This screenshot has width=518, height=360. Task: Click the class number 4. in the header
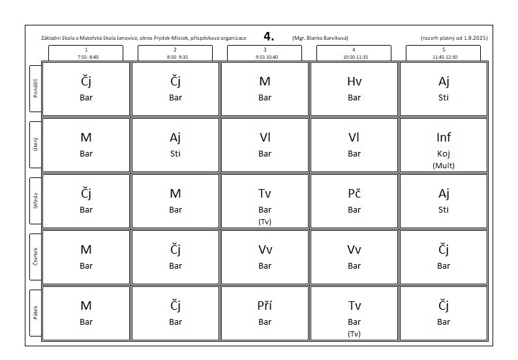tap(269, 37)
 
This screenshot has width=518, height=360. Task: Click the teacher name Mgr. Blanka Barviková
tap(324, 38)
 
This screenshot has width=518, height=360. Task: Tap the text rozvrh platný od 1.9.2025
tap(454, 38)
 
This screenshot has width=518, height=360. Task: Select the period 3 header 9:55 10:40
tap(265, 53)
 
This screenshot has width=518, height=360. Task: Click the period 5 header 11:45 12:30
tap(444, 53)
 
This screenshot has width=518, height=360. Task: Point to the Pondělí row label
tap(35, 89)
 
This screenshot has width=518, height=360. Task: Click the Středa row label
tap(35, 200)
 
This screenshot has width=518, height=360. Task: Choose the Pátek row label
tap(35, 312)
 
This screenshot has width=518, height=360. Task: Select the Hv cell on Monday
tap(354, 89)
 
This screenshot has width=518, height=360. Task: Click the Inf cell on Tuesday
tap(444, 145)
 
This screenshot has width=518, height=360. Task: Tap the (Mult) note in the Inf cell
tap(444, 165)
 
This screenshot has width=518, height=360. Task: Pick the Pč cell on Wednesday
tap(354, 200)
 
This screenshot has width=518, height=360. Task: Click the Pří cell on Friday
tap(265, 312)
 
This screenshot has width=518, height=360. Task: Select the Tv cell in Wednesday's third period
tap(265, 200)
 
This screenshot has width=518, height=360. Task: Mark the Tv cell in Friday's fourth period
tap(354, 312)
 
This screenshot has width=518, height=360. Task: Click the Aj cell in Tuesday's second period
tap(175, 145)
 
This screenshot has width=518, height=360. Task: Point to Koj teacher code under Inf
tap(444, 154)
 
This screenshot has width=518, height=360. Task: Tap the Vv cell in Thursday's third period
tap(265, 256)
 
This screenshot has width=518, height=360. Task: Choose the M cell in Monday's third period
tap(265, 89)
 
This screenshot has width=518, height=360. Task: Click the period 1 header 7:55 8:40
tap(86, 53)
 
